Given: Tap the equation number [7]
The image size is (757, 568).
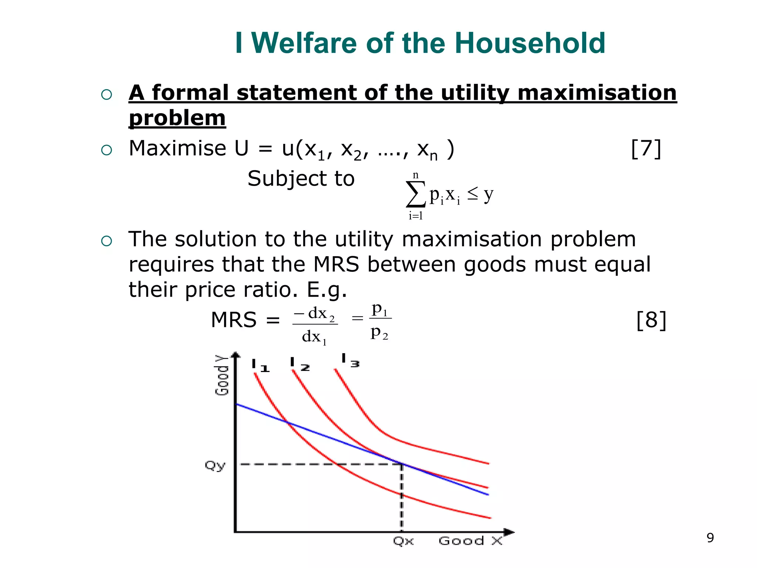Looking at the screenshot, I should [646, 149].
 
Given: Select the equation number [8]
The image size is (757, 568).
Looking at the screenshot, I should [651, 320].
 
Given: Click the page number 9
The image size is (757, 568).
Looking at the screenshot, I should [710, 538].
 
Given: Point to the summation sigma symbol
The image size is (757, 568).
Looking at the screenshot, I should [415, 194].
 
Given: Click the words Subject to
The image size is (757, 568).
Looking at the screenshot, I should [301, 179].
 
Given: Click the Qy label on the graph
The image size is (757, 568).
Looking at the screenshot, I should [215, 465].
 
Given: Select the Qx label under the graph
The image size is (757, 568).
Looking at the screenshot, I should [403, 541].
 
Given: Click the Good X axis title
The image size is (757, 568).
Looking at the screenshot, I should [470, 541].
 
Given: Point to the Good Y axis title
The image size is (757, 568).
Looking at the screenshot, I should [222, 375].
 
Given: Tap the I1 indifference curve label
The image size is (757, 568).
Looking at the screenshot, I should [260, 366].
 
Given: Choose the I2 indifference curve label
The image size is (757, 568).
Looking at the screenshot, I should [300, 365].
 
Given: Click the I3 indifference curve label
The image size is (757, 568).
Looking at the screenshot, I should [350, 361].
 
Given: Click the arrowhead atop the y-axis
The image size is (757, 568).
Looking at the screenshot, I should [235, 355].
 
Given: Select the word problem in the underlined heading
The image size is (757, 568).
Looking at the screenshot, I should [177, 118].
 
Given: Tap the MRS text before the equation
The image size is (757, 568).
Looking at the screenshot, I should [234, 320].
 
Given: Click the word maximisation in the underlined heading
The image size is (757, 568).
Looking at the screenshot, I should [597, 92].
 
